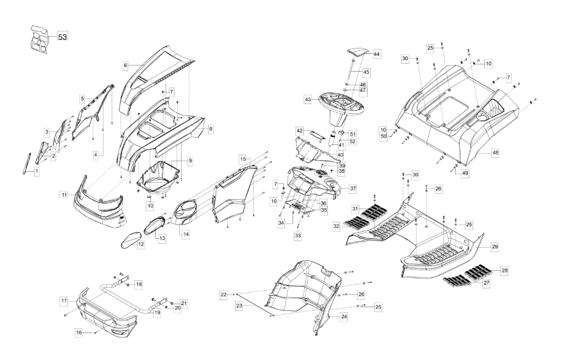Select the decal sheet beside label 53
42,39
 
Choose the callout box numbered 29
495,247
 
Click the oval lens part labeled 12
132,241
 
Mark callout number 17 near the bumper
64,301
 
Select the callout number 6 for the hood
125,65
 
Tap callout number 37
353,188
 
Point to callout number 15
243,159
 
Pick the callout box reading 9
190,161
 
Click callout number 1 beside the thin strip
37,172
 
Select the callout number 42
299,131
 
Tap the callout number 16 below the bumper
79,332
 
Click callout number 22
224,295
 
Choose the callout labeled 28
505,270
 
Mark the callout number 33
298,235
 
